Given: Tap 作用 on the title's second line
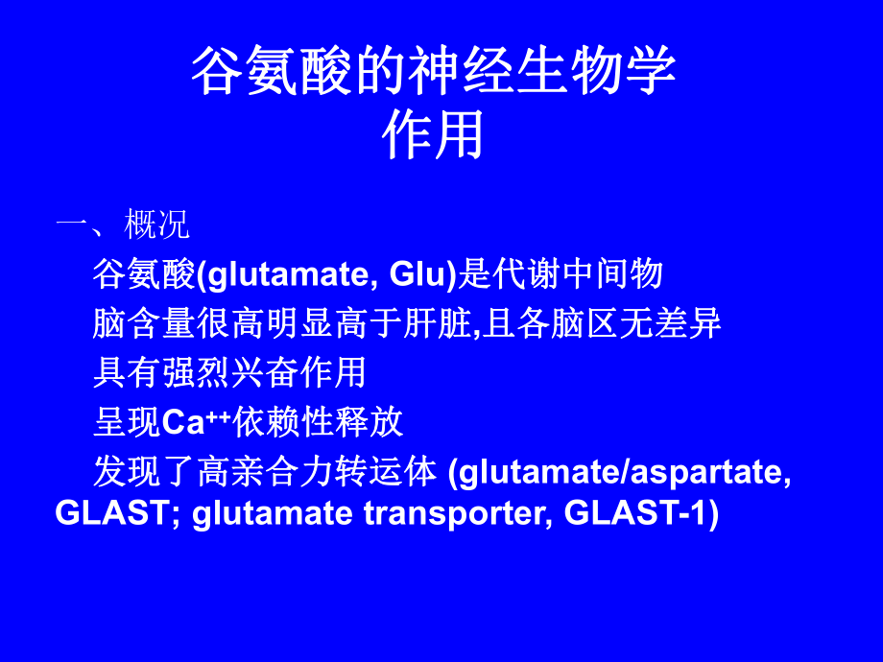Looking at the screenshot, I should (x=433, y=135).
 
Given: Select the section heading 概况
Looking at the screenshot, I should (x=157, y=225).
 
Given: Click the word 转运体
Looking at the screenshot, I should (x=386, y=472).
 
